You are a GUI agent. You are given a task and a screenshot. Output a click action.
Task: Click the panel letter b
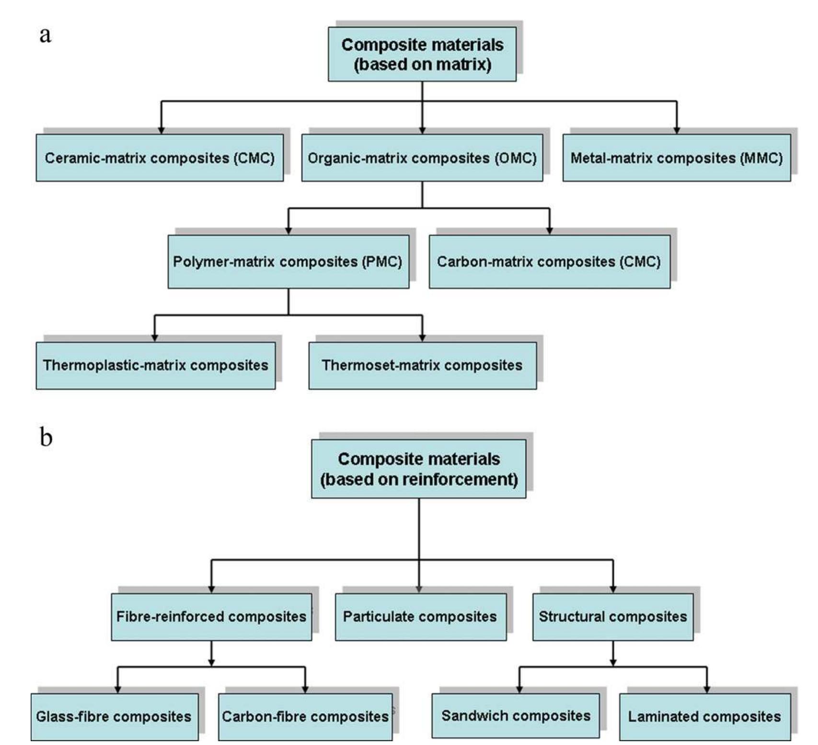click(46, 437)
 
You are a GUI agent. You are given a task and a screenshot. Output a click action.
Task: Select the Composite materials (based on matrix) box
click(422, 54)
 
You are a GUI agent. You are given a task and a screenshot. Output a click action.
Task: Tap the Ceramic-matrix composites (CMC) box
click(160, 158)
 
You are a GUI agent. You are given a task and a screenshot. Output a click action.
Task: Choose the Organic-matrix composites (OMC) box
click(422, 158)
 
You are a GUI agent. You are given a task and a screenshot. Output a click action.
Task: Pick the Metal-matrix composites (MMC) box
click(677, 158)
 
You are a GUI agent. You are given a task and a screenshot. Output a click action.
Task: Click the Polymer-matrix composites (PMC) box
click(288, 262)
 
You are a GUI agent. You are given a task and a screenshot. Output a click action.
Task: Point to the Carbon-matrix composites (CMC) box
click(550, 262)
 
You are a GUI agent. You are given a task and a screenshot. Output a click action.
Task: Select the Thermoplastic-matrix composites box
click(156, 365)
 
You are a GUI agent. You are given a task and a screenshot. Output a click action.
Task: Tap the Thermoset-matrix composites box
click(423, 365)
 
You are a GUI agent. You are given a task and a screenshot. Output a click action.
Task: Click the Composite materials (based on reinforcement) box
click(419, 469)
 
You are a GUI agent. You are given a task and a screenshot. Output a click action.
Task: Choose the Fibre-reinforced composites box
click(211, 617)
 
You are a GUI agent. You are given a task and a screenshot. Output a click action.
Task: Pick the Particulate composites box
click(421, 617)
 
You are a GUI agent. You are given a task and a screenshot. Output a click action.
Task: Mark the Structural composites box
click(613, 617)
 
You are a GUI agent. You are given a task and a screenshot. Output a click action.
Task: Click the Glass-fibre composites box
click(115, 717)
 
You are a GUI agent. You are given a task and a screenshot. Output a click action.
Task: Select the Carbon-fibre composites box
click(305, 717)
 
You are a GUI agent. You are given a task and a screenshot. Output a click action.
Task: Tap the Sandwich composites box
click(516, 716)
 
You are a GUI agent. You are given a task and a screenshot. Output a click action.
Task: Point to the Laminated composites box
click(705, 717)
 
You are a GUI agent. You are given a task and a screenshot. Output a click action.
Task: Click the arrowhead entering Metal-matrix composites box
click(677, 130)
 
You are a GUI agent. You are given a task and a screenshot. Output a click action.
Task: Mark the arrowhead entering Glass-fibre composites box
click(118, 689)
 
